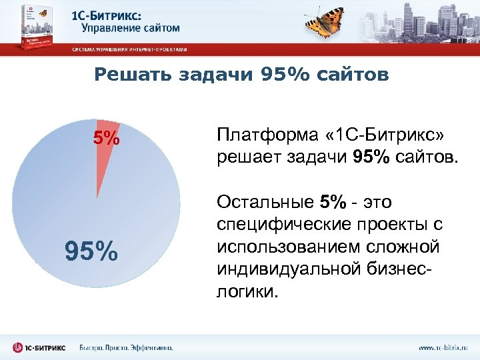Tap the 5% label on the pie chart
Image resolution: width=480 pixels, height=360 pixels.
[106, 139]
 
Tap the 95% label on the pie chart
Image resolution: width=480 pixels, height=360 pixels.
[91, 251]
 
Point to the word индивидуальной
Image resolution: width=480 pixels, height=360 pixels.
[284, 269]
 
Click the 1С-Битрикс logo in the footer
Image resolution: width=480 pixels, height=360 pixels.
[39, 347]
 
